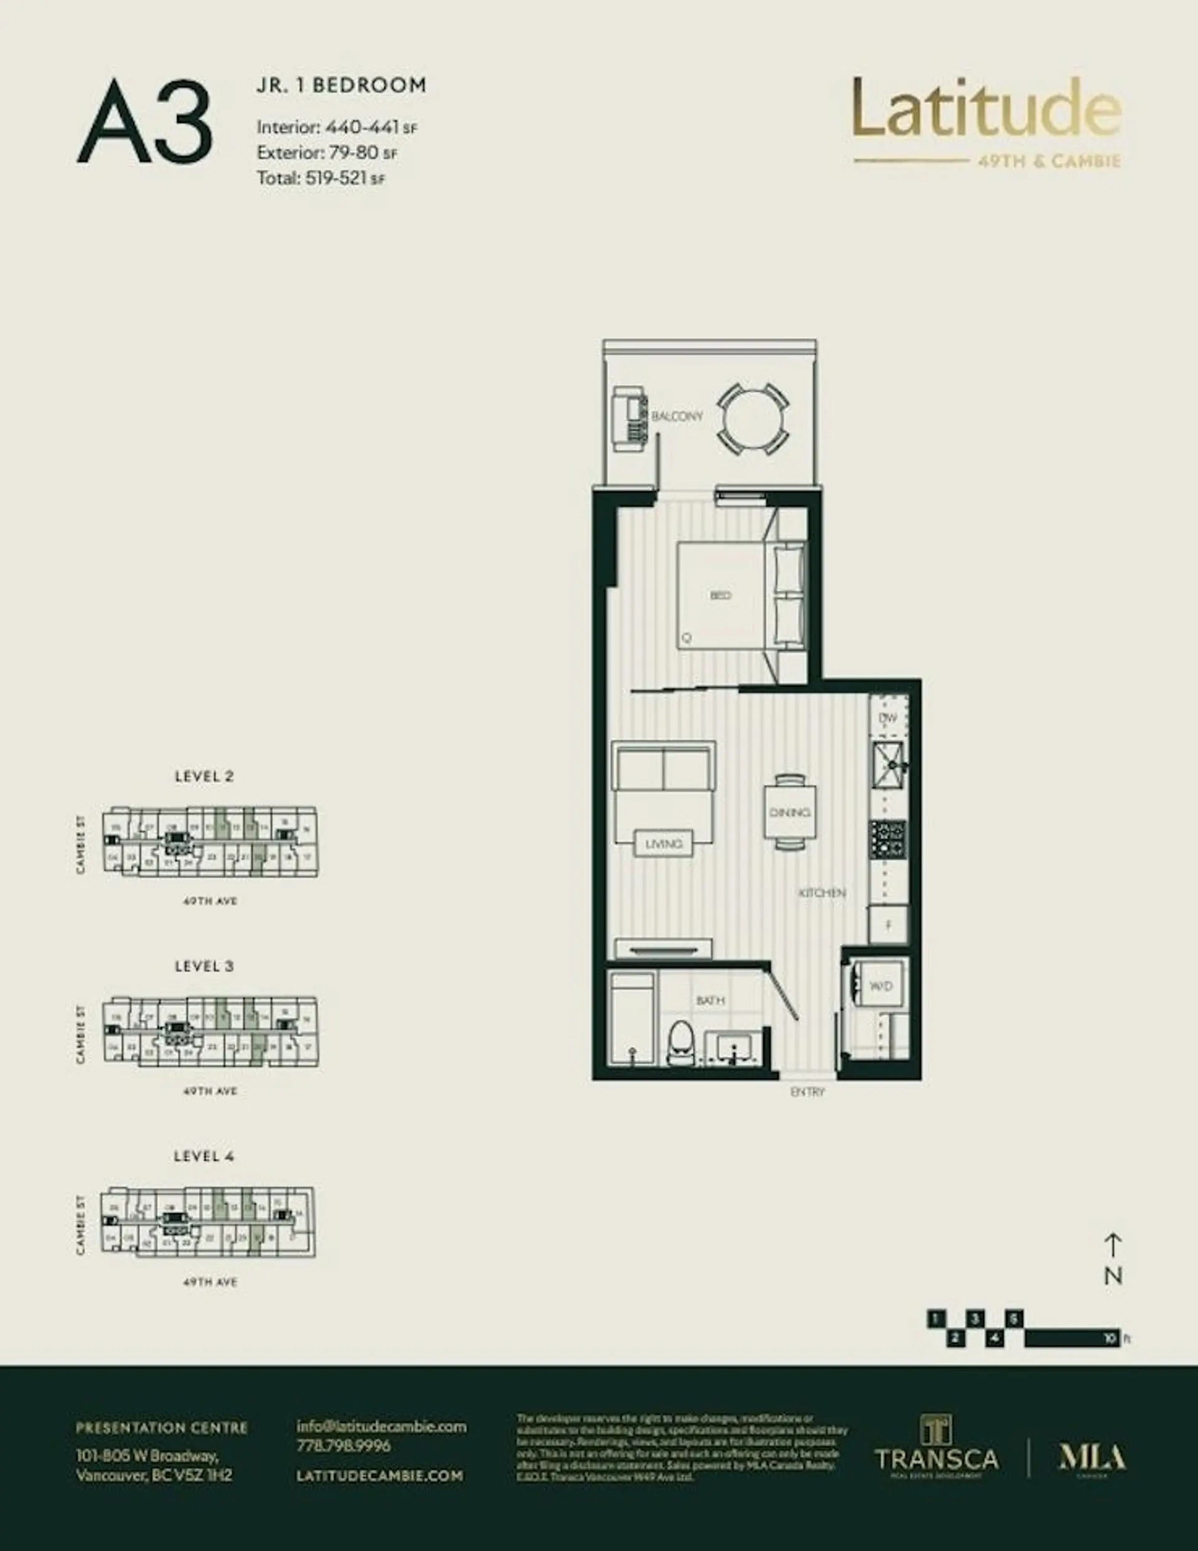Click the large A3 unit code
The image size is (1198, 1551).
[145, 123]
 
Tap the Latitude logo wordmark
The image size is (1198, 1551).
[986, 109]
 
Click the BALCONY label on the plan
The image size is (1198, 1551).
[677, 416]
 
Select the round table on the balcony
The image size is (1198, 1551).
[752, 419]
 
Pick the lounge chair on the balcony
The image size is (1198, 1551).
[628, 419]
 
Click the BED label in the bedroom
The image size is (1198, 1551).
[720, 595]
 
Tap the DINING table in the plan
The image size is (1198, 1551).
[789, 811]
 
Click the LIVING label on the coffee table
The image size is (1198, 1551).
[663, 844]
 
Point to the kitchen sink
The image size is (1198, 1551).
[888, 766]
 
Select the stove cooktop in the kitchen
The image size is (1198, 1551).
[888, 838]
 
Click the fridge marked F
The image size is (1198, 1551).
[889, 925]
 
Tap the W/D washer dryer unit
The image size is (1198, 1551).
[880, 986]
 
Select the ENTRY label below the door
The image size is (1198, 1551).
[807, 1092]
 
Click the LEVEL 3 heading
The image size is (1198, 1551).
[204, 966]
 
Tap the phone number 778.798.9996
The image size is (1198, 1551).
[343, 1445]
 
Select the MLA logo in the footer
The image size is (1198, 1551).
[1092, 1459]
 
